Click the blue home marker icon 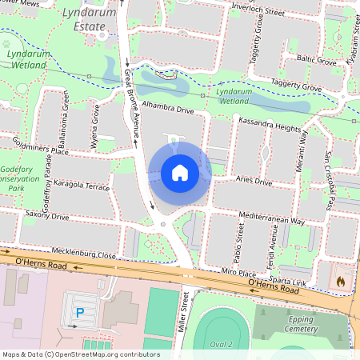[x=180, y=172]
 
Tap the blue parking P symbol [x=78, y=314]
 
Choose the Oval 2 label [x=220, y=344]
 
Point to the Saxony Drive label [x=48, y=215]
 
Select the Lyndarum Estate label [x=84, y=21]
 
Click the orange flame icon [x=340, y=282]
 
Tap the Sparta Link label [x=288, y=282]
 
